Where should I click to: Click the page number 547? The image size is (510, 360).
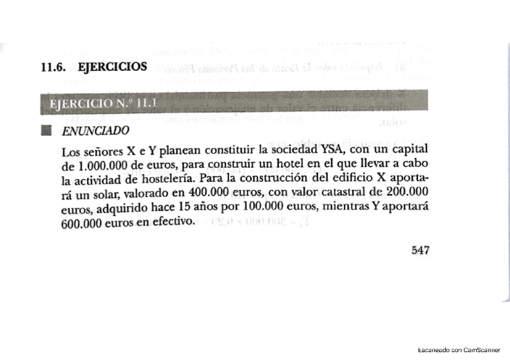(x=420, y=250)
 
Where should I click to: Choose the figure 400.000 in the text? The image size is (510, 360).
(x=210, y=194)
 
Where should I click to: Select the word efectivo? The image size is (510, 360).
(x=174, y=222)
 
